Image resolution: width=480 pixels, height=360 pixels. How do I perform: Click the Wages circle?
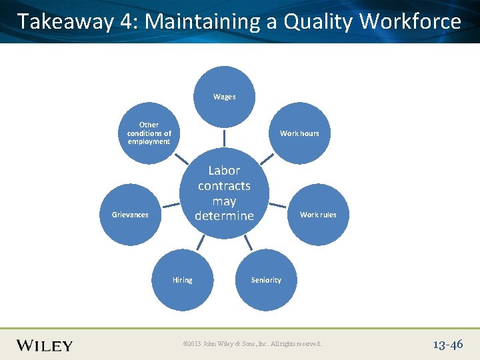tap(224, 97)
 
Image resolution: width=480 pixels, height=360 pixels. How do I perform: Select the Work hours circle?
tap(299, 133)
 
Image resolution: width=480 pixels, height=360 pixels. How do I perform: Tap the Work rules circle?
tap(318, 215)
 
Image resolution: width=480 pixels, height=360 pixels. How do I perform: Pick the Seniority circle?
tap(265, 280)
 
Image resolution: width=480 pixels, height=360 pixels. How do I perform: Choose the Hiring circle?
tap(182, 280)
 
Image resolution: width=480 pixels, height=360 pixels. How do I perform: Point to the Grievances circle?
tap(131, 215)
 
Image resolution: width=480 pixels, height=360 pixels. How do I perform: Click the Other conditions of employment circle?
tap(149, 133)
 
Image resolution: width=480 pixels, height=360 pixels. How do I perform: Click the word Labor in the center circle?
tap(224, 171)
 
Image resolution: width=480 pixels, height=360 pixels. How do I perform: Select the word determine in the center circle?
tap(224, 216)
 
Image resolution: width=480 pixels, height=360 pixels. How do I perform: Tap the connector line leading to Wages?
tap(224, 137)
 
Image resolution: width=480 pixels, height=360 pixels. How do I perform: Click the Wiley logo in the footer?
tap(45, 345)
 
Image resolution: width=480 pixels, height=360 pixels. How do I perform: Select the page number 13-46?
tap(447, 345)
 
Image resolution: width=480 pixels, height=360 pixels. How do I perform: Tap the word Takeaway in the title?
tap(65, 22)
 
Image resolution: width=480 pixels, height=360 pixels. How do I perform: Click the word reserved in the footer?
tap(306, 344)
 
